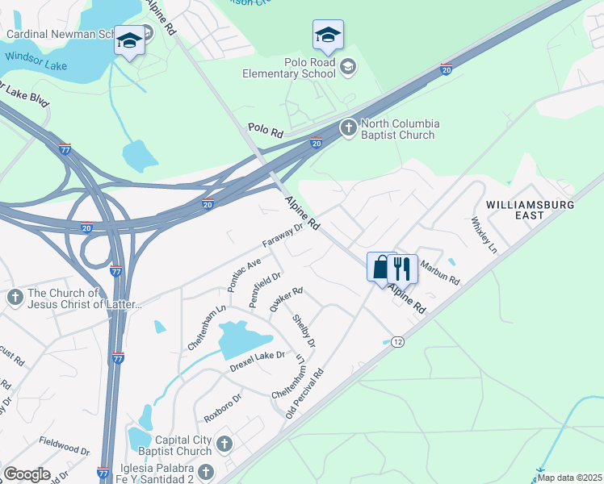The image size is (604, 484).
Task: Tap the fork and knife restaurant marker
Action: (402, 268)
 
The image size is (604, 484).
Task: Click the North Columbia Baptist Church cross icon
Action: (348, 127)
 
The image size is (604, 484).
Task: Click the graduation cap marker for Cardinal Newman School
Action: (128, 40)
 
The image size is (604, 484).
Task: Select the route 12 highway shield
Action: (397, 342)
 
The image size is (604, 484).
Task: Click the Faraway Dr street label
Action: (282, 236)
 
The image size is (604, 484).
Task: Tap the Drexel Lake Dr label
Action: (258, 356)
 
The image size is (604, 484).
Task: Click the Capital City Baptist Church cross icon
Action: (224, 443)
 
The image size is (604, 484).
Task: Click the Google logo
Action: (27, 474)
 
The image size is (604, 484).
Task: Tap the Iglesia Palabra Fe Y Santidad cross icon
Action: (206, 472)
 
